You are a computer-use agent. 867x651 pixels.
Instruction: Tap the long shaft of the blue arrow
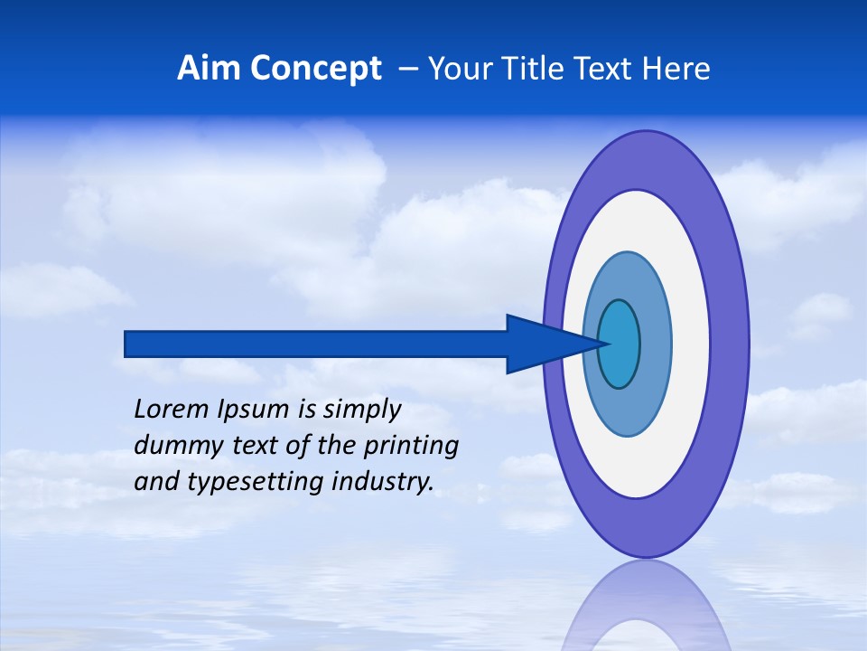(x=316, y=344)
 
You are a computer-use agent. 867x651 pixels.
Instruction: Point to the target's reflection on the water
(x=645, y=606)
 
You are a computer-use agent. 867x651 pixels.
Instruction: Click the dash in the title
(x=408, y=69)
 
